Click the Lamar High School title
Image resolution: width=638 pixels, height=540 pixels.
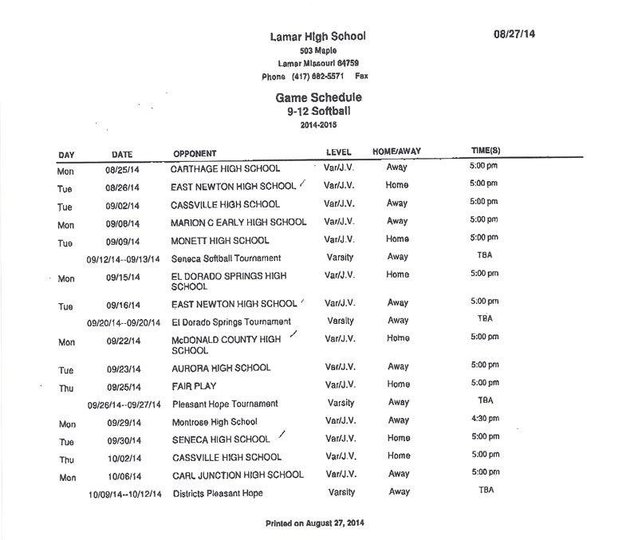pyautogui.click(x=318, y=37)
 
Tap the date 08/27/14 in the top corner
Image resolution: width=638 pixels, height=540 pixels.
pyautogui.click(x=514, y=34)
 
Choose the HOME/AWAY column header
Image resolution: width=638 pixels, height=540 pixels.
pyautogui.click(x=396, y=152)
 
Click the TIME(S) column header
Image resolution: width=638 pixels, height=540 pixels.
pyautogui.click(x=486, y=151)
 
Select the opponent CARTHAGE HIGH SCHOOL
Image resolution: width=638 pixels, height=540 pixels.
pyautogui.click(x=226, y=169)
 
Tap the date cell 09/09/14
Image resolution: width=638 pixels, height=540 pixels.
pyautogui.click(x=122, y=241)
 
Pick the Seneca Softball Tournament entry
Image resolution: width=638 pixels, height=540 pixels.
pyautogui.click(x=226, y=258)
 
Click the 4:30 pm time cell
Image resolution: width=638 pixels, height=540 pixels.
pyautogui.click(x=485, y=420)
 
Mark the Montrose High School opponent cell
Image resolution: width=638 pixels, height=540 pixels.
pyautogui.click(x=215, y=422)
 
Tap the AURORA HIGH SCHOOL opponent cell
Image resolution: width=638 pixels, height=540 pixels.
pyautogui.click(x=221, y=368)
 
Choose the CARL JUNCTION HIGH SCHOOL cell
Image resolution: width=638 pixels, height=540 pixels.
pyautogui.click(x=238, y=475)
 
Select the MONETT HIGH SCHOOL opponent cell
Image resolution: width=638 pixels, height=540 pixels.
pyautogui.click(x=220, y=240)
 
